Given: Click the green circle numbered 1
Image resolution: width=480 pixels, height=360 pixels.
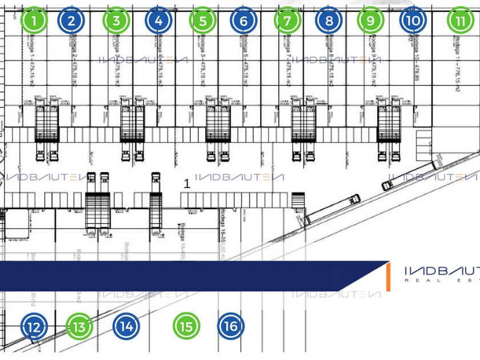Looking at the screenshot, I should tap(35, 21).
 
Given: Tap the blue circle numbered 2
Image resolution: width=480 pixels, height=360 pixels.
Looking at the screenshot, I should tap(71, 21).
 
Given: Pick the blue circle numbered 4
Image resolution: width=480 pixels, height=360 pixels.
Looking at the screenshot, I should tap(159, 21).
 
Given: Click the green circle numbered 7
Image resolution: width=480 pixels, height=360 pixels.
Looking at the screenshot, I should tap(287, 21).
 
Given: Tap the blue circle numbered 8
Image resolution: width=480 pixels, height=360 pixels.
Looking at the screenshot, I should tap(329, 21).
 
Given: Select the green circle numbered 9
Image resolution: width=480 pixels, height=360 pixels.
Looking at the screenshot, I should tap(371, 21).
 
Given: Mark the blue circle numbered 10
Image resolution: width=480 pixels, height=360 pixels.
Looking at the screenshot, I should tap(414, 21).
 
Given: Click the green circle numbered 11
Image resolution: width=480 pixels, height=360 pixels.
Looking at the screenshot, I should tap(461, 21).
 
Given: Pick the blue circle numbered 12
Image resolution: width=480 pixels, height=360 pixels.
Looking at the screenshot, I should tap(34, 327).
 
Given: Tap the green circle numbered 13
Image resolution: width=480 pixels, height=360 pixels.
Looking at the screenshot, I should tap(79, 327).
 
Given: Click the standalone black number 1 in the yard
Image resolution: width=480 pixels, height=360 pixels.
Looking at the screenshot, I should tap(187, 185).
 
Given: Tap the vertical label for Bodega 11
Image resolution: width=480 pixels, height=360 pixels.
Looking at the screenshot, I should tap(458, 66).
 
